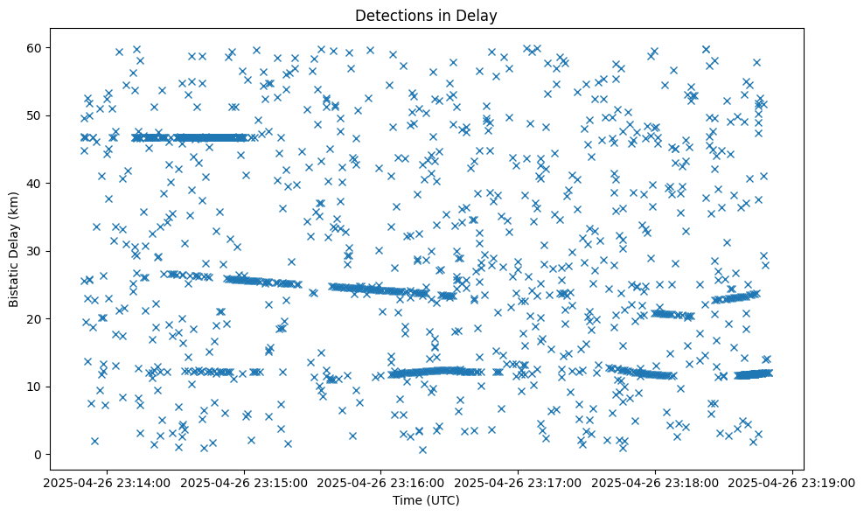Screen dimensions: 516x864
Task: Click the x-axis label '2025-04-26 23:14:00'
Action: click(x=108, y=482)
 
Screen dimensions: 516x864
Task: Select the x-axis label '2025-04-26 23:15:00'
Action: click(x=245, y=482)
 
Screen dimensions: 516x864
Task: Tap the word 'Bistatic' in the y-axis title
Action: click(x=14, y=280)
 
